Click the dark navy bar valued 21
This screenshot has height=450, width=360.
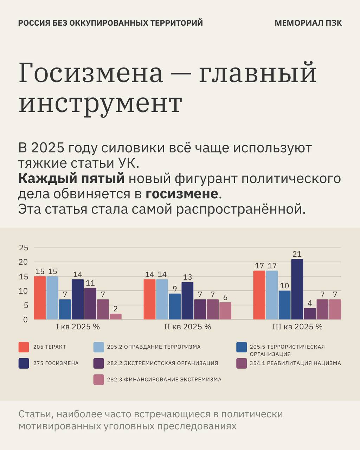[297, 289]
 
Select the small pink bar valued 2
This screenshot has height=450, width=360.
[115, 316]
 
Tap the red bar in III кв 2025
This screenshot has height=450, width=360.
[259, 295]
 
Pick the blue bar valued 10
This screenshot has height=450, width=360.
[284, 305]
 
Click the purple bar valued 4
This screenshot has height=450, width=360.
[310, 314]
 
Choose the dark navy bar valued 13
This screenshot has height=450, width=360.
[187, 301]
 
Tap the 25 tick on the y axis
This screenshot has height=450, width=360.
[23, 247]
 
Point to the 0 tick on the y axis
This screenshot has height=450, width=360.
[25, 320]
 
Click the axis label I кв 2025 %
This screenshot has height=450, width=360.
[78, 327]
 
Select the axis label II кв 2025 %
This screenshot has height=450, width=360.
[187, 327]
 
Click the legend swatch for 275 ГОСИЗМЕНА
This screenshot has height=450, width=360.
[24, 363]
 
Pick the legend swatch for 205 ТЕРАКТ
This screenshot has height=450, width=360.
[24, 347]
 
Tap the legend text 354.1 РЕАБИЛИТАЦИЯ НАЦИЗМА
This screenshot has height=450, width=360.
[295, 363]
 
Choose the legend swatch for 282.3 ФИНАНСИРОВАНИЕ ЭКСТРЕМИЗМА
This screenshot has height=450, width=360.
[98, 380]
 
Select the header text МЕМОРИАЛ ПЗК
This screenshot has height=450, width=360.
[308, 23]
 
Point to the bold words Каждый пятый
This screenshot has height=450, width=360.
[71, 179]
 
